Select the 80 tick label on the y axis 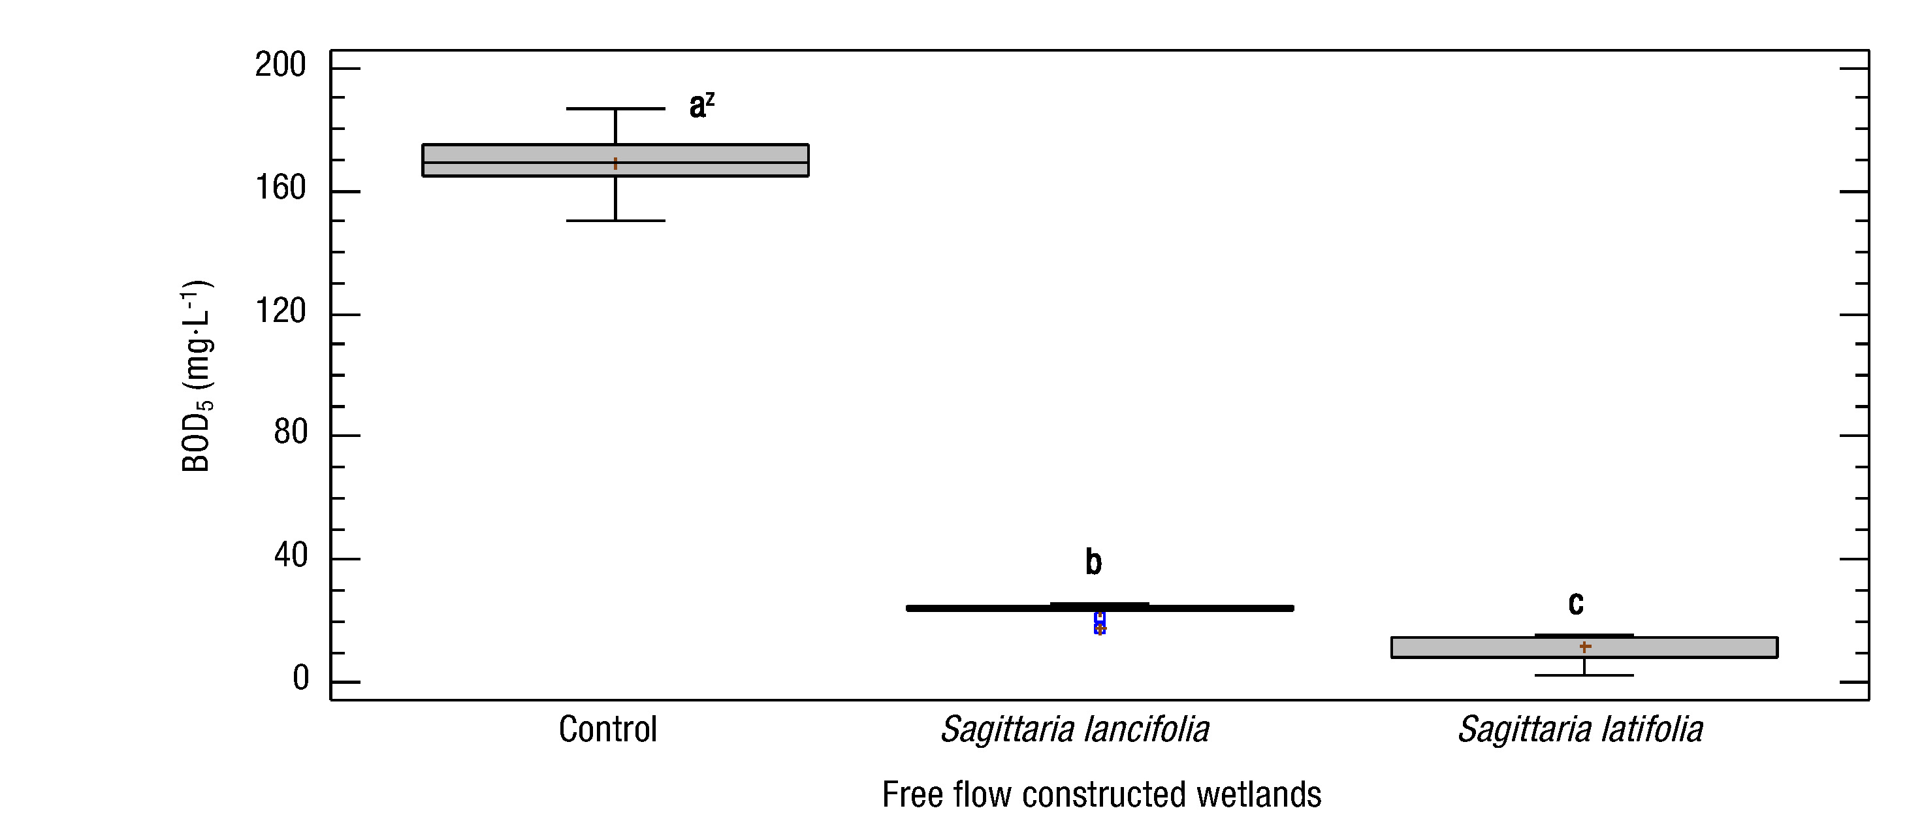click(x=290, y=432)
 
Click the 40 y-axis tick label click(x=290, y=555)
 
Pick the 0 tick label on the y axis click(x=300, y=679)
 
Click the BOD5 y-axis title click(x=197, y=376)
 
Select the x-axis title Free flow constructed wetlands click(x=1101, y=795)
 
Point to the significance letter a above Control click(x=697, y=106)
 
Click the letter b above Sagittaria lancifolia click(x=1093, y=562)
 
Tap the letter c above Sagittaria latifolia click(x=1576, y=604)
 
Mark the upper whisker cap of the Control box click(x=615, y=109)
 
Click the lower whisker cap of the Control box click(x=615, y=221)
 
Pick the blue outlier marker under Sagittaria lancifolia click(x=1100, y=622)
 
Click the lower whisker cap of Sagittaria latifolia click(x=1584, y=675)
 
